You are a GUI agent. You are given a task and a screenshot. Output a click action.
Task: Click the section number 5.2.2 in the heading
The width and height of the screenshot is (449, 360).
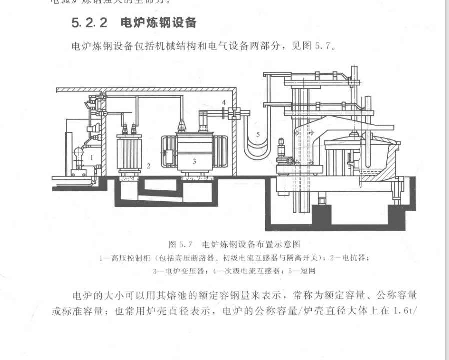[x=89, y=23]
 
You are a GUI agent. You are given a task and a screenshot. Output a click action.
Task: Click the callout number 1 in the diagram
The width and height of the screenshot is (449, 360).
[x=92, y=157]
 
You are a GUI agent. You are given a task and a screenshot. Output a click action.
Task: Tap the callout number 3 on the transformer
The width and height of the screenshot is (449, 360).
[x=195, y=161]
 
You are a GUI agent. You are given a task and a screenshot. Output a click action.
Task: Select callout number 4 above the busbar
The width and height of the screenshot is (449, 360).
[x=224, y=102]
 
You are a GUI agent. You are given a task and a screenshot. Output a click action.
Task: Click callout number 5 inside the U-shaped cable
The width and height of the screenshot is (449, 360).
[x=257, y=134]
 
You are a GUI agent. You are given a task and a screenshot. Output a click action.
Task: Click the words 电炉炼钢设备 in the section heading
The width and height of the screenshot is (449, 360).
[x=158, y=23]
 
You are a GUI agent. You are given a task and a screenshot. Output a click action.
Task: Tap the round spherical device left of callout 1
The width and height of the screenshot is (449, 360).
[x=78, y=152]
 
